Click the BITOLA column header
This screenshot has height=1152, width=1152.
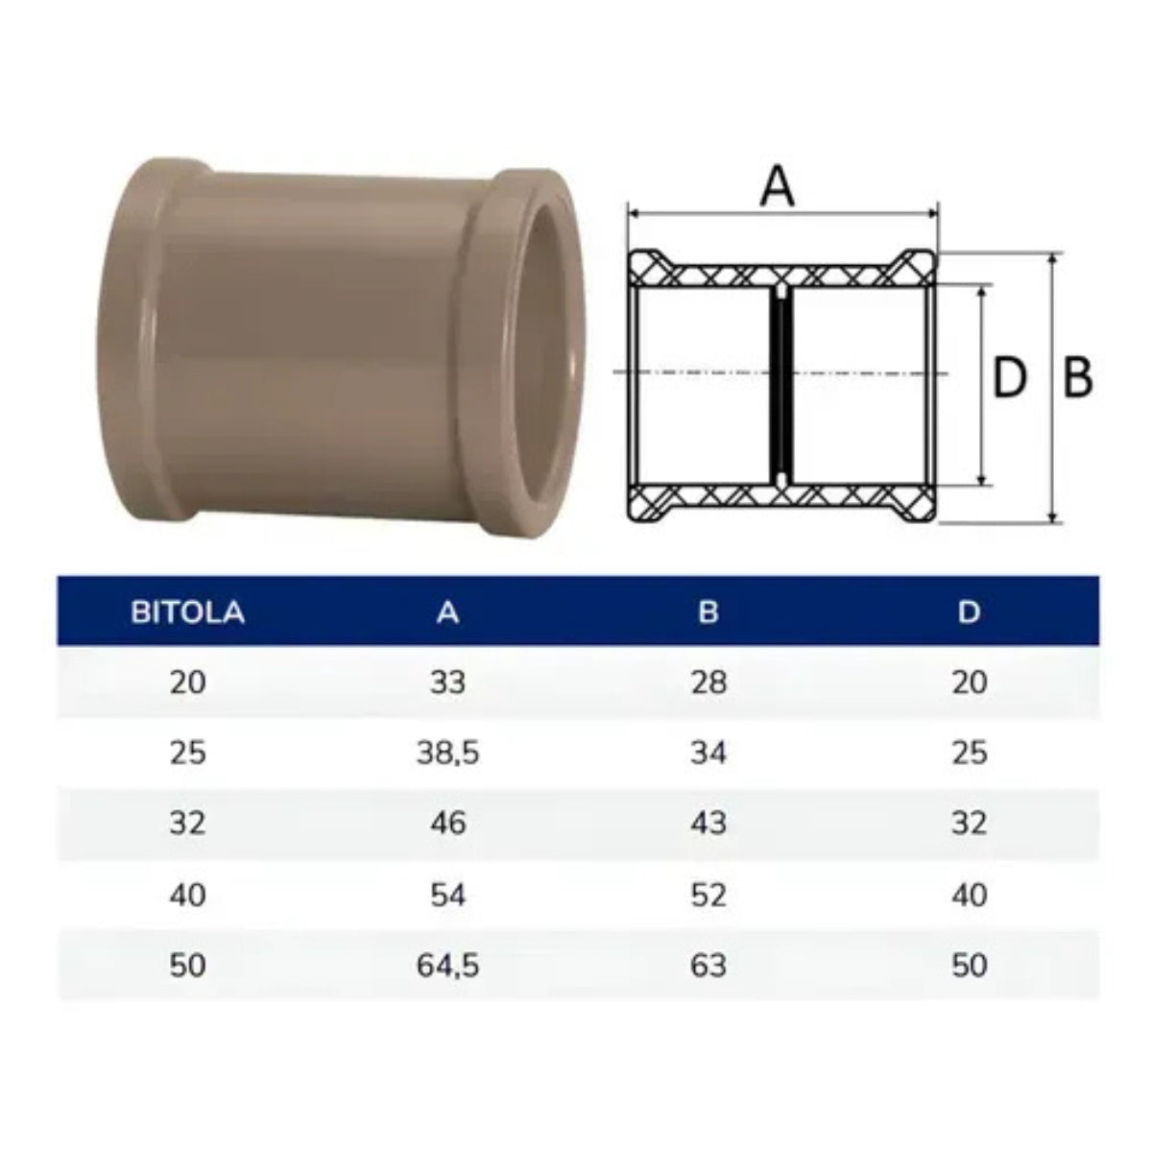coord(187,612)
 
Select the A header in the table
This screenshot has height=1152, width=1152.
coord(447,612)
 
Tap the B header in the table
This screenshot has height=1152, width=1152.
coord(708,612)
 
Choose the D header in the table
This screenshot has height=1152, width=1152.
coord(969,612)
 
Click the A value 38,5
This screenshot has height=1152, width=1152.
coord(447,753)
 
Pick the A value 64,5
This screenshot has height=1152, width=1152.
coord(447,965)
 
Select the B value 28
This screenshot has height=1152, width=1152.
coord(708,683)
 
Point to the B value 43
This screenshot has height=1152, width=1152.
coord(708,823)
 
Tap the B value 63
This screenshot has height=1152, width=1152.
coord(708,965)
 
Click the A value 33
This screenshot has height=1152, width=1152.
coord(447,683)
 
